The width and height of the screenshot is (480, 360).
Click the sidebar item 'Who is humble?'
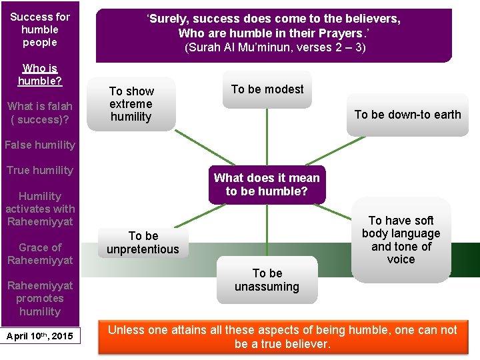40,74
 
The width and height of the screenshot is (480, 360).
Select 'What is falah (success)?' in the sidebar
40,113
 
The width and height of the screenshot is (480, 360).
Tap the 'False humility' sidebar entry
40,145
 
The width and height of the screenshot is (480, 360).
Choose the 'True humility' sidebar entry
40,170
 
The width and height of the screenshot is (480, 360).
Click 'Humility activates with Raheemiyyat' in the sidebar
40,209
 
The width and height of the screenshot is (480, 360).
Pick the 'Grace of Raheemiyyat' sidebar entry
40,253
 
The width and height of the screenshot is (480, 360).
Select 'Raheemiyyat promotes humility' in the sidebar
40,298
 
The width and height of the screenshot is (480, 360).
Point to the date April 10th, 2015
40,335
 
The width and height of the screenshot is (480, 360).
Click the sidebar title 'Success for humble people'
40,29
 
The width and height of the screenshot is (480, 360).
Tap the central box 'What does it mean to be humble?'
267,185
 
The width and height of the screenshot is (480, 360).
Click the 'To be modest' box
267,89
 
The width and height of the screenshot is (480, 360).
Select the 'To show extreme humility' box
131,104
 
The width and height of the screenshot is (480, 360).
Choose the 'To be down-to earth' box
407,115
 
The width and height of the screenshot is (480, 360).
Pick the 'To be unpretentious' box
143,243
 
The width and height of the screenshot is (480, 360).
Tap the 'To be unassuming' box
267,280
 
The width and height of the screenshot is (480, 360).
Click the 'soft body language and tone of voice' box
401,239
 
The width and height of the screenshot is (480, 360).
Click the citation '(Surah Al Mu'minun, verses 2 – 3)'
275,47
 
